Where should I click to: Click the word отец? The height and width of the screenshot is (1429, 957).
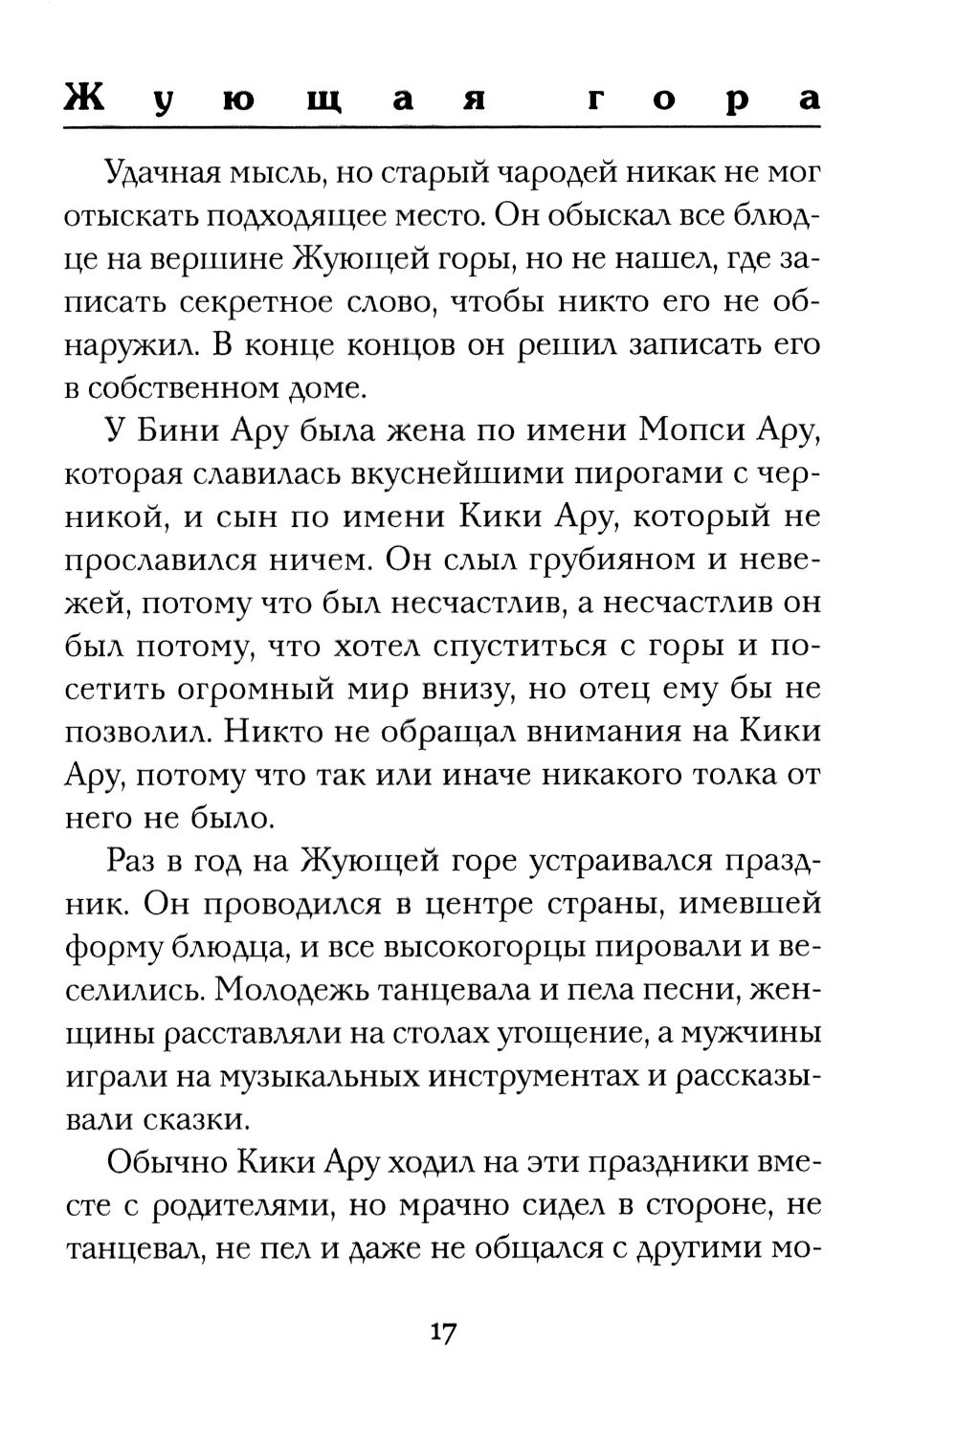674,690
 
